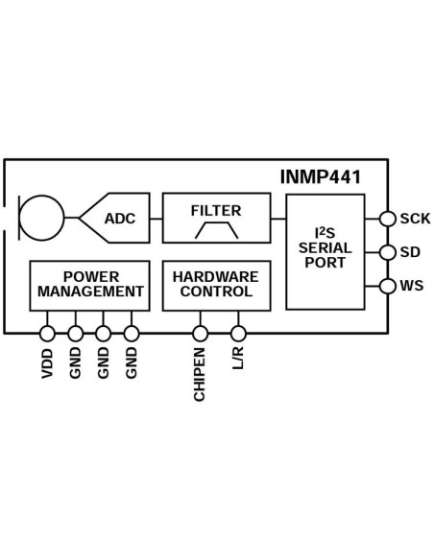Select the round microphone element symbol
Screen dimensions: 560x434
pos(41,218)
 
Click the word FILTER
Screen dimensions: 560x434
pos(216,210)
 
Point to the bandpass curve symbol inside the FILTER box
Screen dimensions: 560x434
pos(216,230)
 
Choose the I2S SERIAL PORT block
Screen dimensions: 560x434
pos(325,251)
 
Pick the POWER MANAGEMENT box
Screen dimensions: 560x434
pos(90,285)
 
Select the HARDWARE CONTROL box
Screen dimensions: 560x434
pos(216,285)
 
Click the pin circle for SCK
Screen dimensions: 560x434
pos(388,219)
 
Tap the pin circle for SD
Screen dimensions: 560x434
pos(388,252)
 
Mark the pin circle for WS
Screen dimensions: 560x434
pos(388,286)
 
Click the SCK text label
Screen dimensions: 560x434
pos(415,219)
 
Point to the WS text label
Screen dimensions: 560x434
pos(412,286)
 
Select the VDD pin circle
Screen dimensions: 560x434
pos(47,334)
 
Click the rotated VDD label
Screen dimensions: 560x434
pos(47,363)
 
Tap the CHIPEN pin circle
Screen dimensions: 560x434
pos(200,334)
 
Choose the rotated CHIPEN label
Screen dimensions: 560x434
pos(200,375)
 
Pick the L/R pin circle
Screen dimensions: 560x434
pos(238,334)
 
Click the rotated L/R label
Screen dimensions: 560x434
pos(238,361)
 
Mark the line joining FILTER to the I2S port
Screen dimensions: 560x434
pos(278,219)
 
